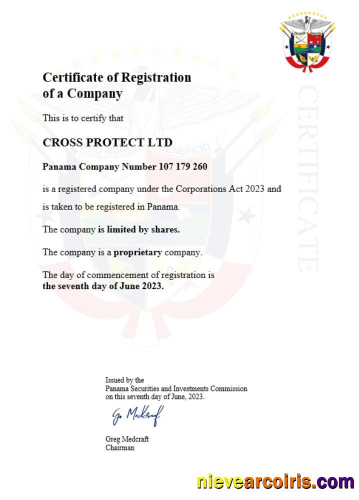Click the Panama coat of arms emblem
pos(307,43)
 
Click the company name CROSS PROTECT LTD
pos(107,142)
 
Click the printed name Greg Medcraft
pos(127,439)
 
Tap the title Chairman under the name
pos(119,447)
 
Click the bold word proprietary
pos(137,252)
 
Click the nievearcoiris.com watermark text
pos(275,482)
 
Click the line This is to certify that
pos(83,118)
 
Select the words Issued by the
pos(124,380)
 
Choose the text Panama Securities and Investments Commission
pos(176,388)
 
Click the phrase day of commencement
pos(96,275)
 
